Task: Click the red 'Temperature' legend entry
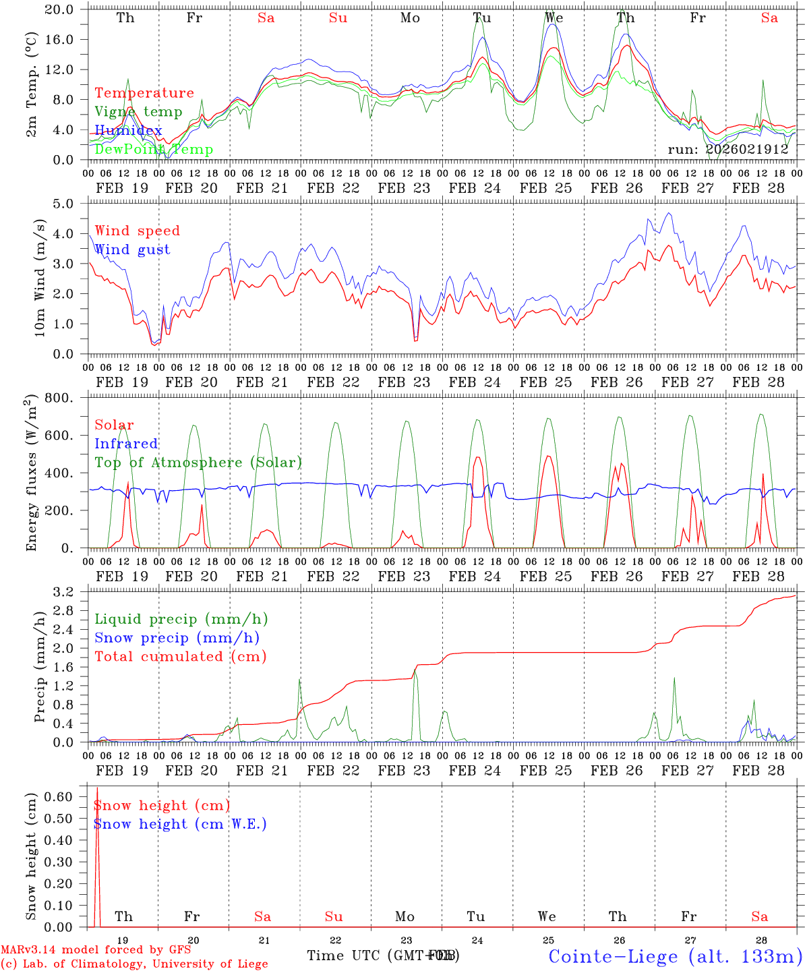[x=144, y=93]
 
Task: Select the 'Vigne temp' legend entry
[x=138, y=112]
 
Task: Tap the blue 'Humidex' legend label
[x=128, y=131]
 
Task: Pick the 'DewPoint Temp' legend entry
[x=154, y=149]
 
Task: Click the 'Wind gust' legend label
[x=132, y=249]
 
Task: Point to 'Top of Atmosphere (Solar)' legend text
[x=198, y=463]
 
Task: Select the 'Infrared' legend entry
[x=126, y=444]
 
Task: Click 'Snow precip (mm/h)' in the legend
[x=177, y=638]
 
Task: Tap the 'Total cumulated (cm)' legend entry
[x=181, y=657]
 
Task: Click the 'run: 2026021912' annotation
[x=727, y=149]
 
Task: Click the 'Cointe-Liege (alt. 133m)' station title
[x=675, y=955]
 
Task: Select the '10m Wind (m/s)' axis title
[x=38, y=278]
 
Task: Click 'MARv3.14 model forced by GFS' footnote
[x=96, y=950]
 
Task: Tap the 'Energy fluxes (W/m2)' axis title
[x=31, y=473]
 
